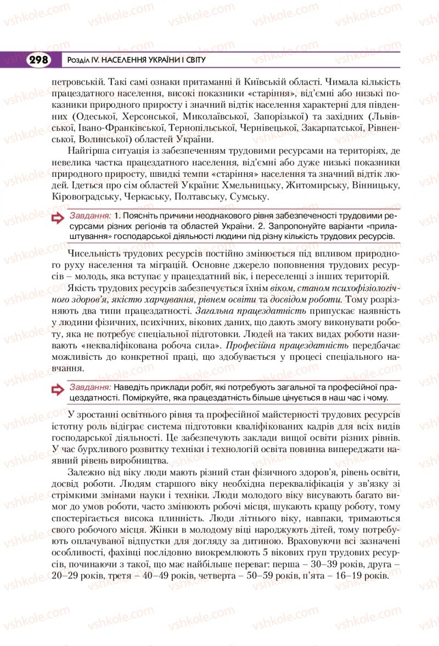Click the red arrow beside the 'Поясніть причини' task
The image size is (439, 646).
tap(58, 220)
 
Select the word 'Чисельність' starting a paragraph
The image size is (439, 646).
tap(94, 253)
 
